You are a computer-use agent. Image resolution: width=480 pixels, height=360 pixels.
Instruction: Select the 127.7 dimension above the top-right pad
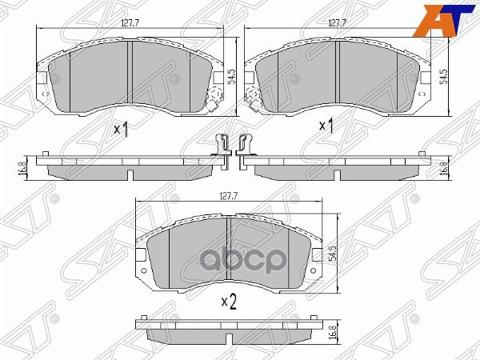[336, 24]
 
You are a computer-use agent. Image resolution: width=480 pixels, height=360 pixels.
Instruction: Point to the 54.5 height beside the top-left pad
[231, 78]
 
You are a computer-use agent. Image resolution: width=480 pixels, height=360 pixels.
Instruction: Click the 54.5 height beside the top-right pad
[445, 78]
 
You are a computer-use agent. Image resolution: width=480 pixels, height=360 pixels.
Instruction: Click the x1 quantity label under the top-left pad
[122, 128]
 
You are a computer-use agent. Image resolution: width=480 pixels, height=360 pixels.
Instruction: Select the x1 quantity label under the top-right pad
[326, 126]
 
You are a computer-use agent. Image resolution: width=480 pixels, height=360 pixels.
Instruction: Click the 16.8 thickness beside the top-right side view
[445, 168]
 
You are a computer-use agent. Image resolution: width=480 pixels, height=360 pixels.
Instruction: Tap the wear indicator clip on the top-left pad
[214, 102]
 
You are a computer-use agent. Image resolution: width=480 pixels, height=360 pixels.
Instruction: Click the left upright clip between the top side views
[222, 147]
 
